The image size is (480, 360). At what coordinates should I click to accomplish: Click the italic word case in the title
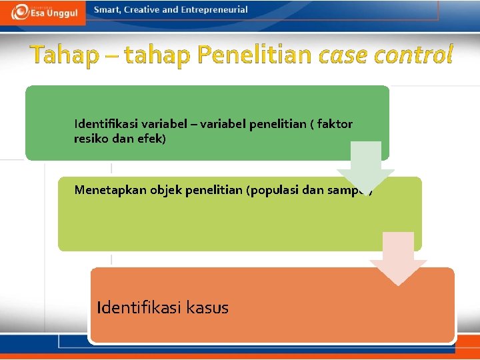point(343,55)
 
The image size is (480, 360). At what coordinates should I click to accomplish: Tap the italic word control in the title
point(413,55)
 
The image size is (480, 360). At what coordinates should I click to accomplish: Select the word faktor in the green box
point(336,123)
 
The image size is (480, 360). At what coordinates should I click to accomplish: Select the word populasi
point(273,190)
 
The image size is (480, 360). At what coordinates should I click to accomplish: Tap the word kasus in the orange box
point(206,307)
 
